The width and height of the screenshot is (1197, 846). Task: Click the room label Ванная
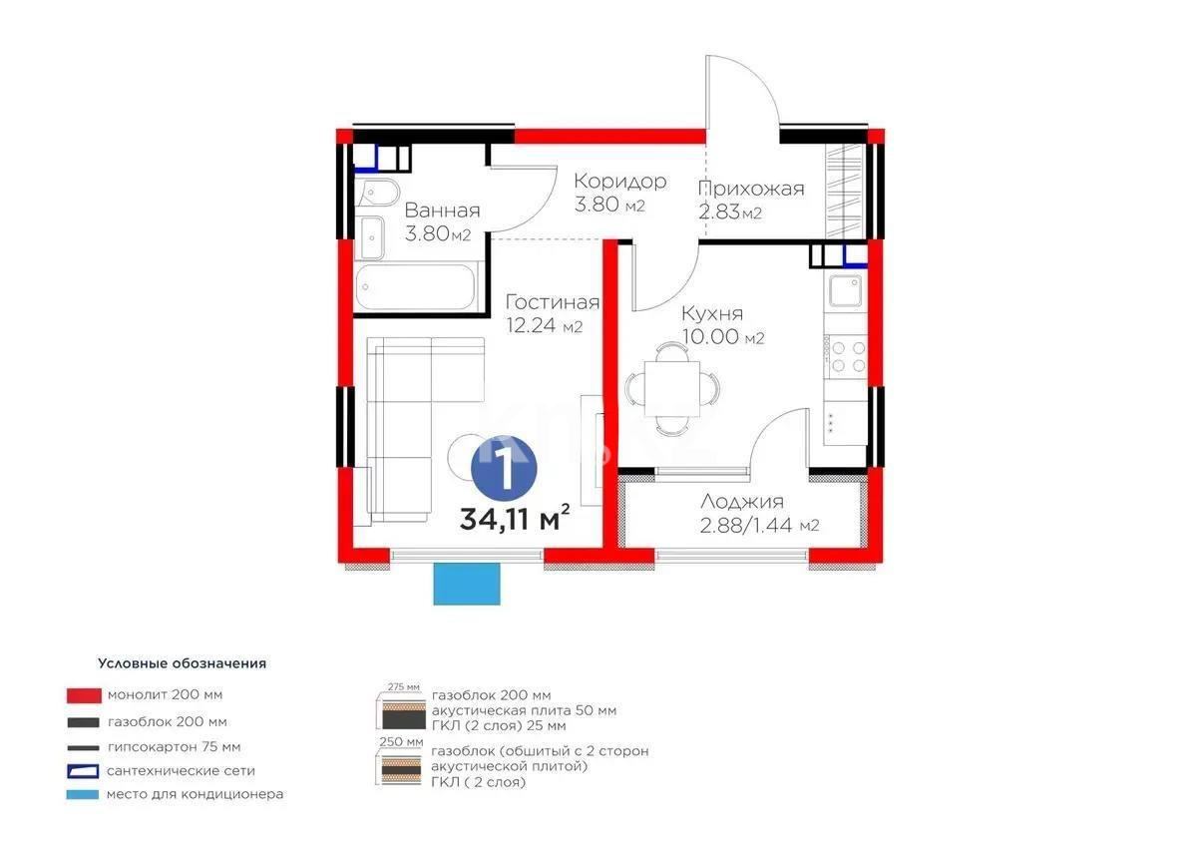click(x=442, y=211)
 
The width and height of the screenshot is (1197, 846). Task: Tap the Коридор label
click(x=618, y=182)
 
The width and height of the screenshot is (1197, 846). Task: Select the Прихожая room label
click(x=750, y=189)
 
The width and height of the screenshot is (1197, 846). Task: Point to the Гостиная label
click(x=552, y=302)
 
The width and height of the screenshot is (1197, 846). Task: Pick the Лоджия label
click(x=741, y=502)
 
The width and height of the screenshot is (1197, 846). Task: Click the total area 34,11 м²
click(x=515, y=518)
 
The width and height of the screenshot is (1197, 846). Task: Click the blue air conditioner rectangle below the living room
click(x=466, y=584)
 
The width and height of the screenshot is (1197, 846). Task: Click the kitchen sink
click(x=846, y=291)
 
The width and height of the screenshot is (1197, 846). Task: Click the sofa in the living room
click(x=399, y=429)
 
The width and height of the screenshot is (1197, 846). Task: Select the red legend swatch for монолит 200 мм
click(x=84, y=694)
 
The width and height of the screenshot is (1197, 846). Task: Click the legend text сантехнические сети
click(x=182, y=771)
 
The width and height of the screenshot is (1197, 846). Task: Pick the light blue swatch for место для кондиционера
click(x=84, y=795)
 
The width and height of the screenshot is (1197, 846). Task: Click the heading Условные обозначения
click(x=182, y=662)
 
